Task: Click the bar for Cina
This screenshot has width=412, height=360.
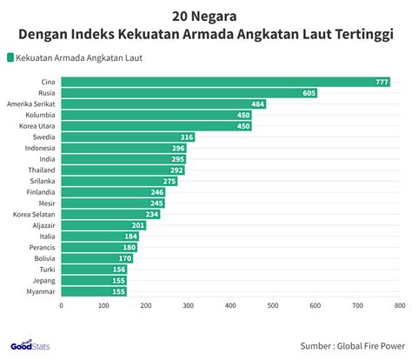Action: pyautogui.click(x=226, y=82)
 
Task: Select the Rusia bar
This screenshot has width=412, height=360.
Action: pyautogui.click(x=189, y=93)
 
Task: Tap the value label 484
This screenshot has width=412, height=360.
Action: pyautogui.click(x=257, y=104)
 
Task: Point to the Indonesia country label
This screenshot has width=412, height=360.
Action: pyautogui.click(x=40, y=148)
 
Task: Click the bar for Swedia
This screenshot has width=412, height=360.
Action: pyautogui.click(x=128, y=137)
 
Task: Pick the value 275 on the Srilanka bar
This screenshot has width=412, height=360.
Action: pyautogui.click(x=169, y=182)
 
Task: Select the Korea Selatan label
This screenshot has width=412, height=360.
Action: pyautogui.click(x=34, y=215)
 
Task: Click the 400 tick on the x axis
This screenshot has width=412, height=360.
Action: pyautogui.click(x=230, y=305)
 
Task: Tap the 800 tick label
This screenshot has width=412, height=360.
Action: pyautogui.click(x=400, y=305)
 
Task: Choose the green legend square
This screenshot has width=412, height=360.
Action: pyautogui.click(x=10, y=57)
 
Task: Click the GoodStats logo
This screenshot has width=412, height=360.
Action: pyautogui.click(x=30, y=345)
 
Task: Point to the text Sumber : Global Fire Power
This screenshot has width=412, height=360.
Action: pyautogui.click(x=353, y=346)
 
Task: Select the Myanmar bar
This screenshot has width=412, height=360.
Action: pyautogui.click(x=94, y=291)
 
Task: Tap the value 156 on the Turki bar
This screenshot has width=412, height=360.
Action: pyautogui.click(x=119, y=270)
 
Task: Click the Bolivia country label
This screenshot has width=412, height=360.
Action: pyautogui.click(x=44, y=258)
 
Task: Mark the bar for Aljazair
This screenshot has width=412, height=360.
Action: pyautogui.click(x=103, y=225)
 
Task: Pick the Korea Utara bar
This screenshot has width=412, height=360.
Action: pyautogui.click(x=156, y=126)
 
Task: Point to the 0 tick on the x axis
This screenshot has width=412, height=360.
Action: pyautogui.click(x=61, y=305)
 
